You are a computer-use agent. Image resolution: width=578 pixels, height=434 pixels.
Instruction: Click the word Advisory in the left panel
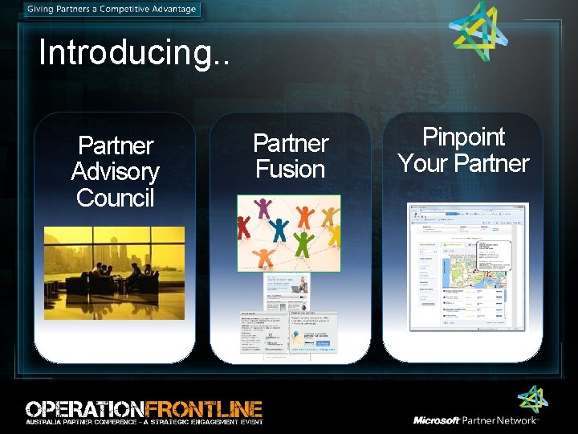(116, 171)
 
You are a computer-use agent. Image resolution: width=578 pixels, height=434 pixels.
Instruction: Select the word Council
(116, 197)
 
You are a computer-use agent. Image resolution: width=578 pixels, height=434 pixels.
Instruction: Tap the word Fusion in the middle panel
(290, 169)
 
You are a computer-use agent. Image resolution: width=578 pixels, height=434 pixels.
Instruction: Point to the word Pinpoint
(463, 137)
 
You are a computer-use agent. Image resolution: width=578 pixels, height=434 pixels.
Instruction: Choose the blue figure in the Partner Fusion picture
(279, 229)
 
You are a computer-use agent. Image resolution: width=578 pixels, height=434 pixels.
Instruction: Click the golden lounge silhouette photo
(114, 273)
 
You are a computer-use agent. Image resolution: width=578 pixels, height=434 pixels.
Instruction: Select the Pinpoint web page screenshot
(468, 266)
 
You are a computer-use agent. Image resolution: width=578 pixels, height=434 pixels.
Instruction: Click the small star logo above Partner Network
(531, 399)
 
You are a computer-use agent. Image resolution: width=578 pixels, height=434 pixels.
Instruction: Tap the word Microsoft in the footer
(437, 420)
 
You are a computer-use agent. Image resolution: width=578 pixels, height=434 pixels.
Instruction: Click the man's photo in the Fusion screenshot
(299, 283)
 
